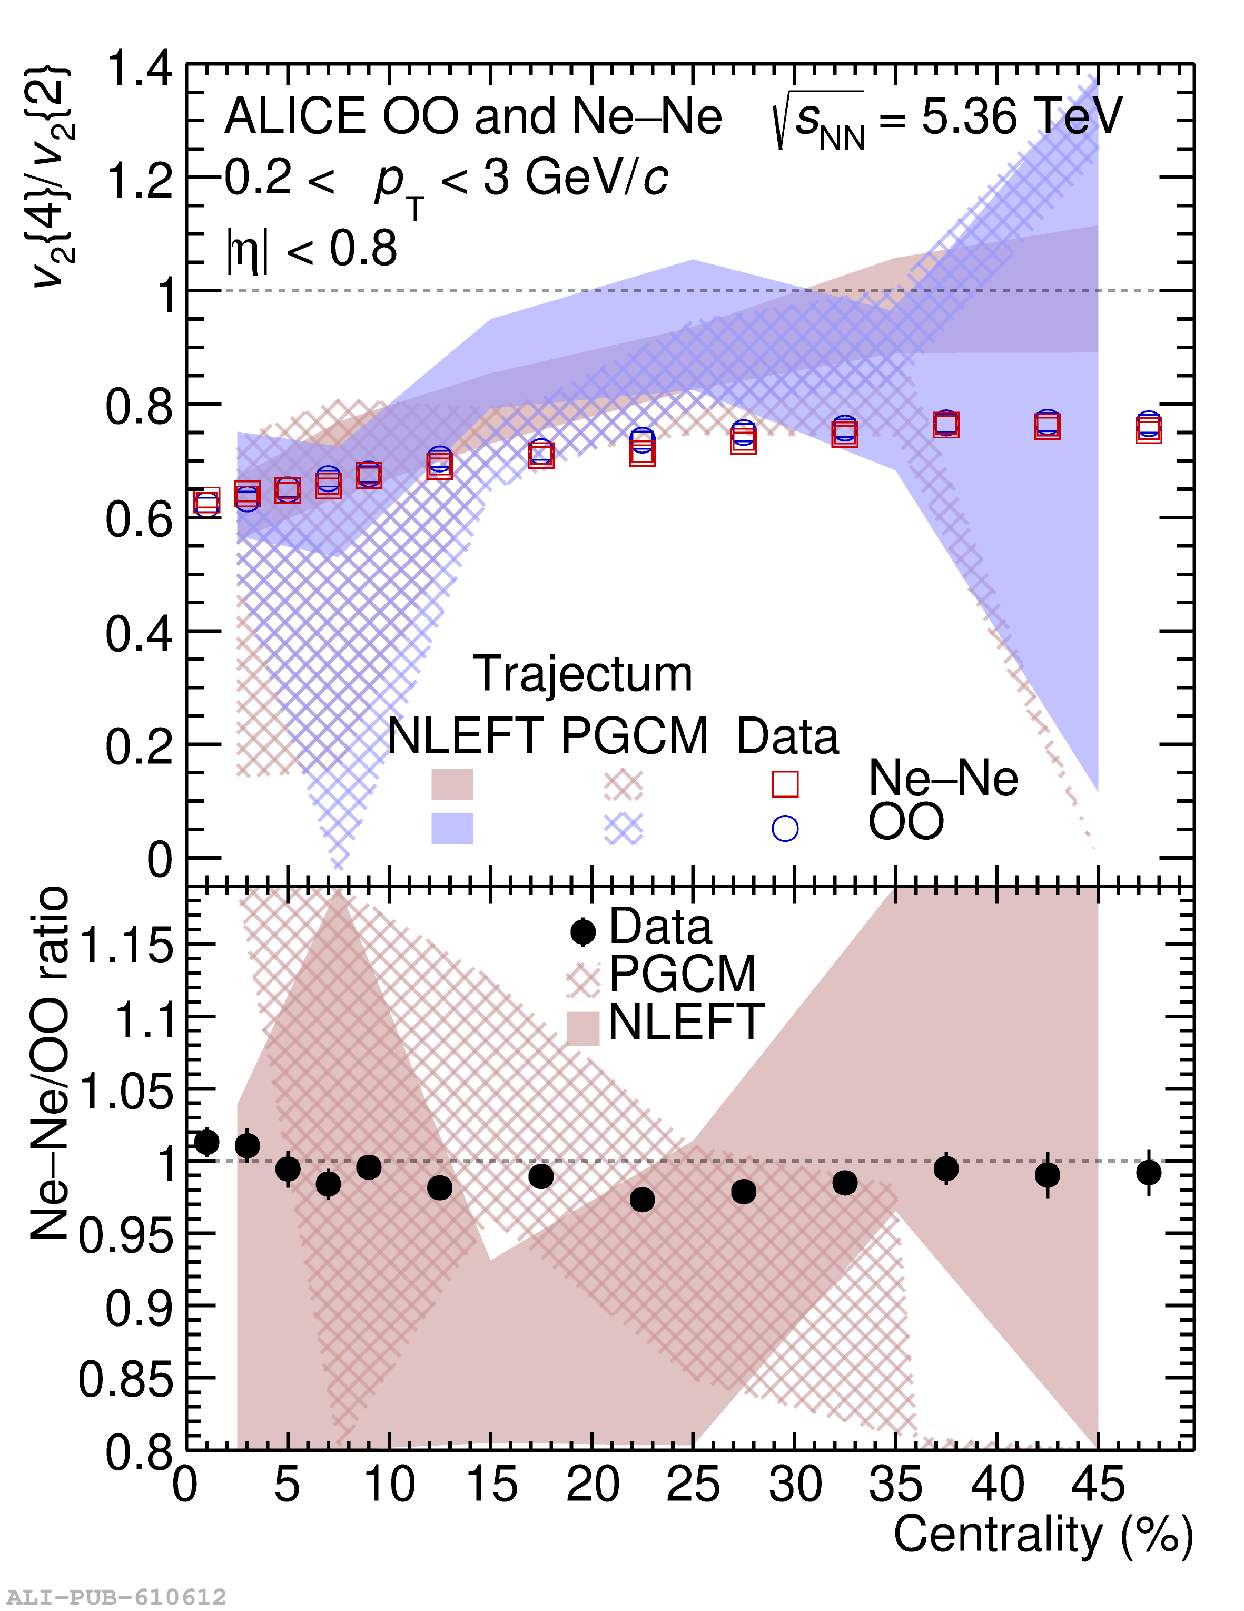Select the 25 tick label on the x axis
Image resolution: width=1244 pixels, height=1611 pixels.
coord(693,1484)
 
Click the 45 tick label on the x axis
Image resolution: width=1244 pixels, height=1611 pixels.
coord(1098,1484)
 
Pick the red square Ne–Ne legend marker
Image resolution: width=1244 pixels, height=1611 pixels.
coord(785,784)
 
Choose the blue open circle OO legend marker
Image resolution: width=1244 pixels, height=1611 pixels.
coord(785,828)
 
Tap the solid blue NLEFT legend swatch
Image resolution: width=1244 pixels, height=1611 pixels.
coord(452,828)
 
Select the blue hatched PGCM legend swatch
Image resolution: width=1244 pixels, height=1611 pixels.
coord(623,828)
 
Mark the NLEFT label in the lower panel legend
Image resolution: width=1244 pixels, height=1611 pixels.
coord(686,1023)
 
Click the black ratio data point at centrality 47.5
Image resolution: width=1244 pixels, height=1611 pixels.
coord(1148,1173)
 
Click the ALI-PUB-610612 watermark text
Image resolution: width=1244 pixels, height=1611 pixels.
coord(115,1597)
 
